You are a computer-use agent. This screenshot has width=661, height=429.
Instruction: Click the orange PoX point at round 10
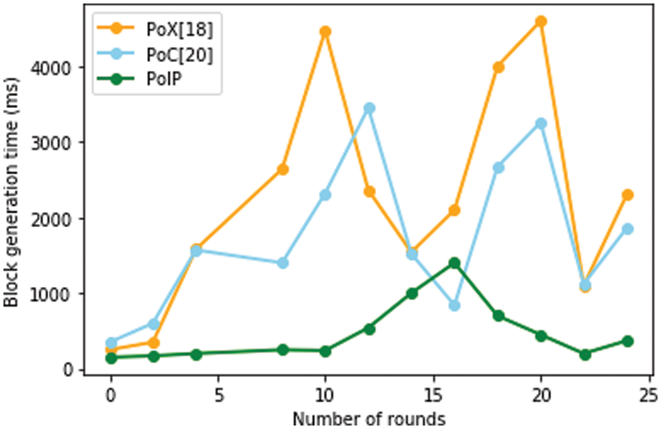coord(326,31)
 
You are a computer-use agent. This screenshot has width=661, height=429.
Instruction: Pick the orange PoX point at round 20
coord(541,22)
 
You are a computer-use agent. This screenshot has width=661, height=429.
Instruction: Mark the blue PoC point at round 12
coord(369,108)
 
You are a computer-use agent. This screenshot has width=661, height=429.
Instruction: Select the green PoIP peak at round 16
coord(454,263)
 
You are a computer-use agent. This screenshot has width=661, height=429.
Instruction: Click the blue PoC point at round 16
coord(454,305)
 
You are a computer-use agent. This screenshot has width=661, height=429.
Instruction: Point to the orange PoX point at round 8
coord(282,169)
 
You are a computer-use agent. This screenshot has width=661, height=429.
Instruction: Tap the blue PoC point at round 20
coord(541,123)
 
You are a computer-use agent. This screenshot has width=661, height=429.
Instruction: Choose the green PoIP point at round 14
coord(412,293)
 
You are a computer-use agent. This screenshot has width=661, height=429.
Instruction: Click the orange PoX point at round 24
coord(627,195)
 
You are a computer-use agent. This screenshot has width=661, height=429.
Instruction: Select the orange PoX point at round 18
coord(497,67)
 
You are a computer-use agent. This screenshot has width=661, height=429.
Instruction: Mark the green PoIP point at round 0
coord(111,358)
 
